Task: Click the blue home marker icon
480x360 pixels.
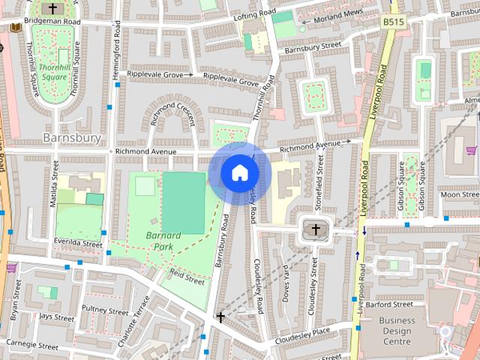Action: tap(239, 172)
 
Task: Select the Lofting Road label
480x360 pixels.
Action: tap(250, 16)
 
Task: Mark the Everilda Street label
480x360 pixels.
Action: tap(79, 244)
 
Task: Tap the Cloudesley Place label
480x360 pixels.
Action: tap(303, 332)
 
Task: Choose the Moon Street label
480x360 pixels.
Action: tap(460, 195)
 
